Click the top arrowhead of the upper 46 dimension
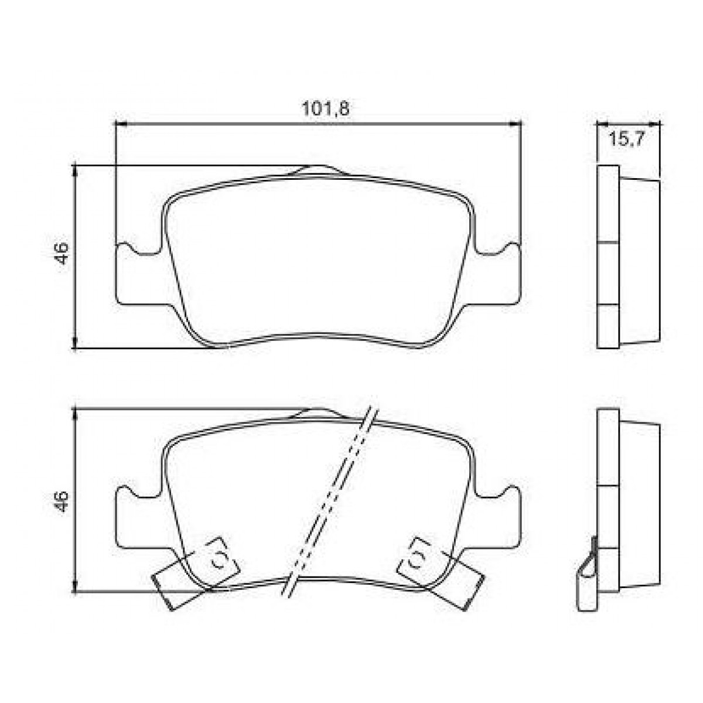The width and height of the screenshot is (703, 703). [75, 170]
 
